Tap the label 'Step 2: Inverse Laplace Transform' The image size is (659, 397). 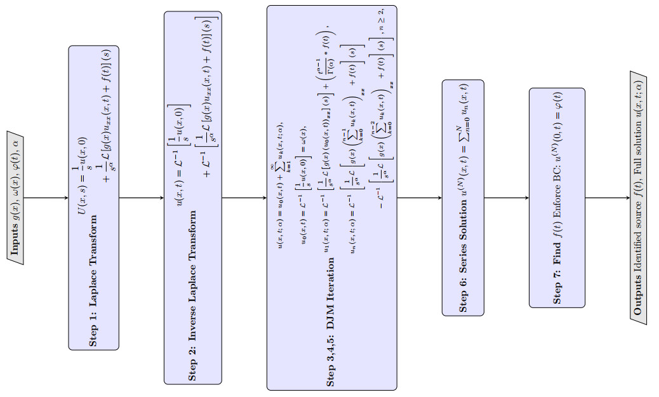coord(192,295)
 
